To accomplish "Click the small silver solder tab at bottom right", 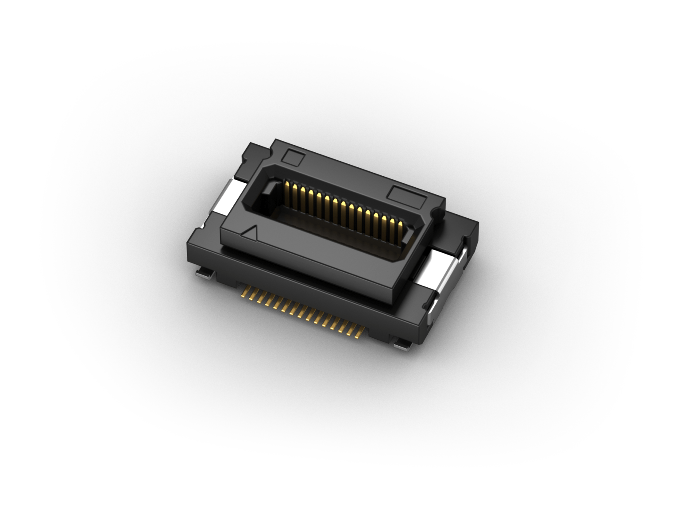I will [403, 345].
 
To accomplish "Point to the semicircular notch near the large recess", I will [438, 214].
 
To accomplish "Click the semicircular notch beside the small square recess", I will [267, 152].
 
